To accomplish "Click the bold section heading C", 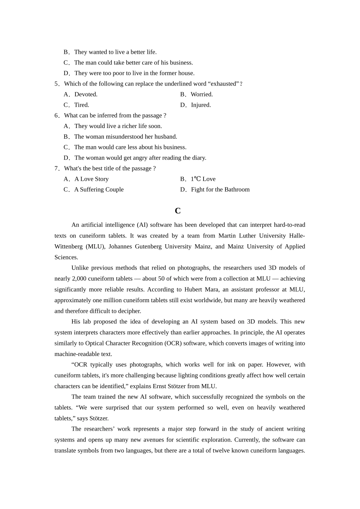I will (x=177, y=211).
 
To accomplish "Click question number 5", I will (x=56, y=84).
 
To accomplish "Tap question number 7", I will (x=56, y=169).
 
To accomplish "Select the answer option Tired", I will (x=81, y=105).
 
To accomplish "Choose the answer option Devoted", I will (x=86, y=94).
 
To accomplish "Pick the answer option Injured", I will (x=201, y=105).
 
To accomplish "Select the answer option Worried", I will (x=202, y=94).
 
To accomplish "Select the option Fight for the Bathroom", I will (x=220, y=190).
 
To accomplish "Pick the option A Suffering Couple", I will (x=99, y=190).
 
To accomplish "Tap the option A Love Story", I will (x=91, y=179).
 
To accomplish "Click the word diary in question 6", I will (x=199, y=158).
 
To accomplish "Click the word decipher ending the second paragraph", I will (x=129, y=311).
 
